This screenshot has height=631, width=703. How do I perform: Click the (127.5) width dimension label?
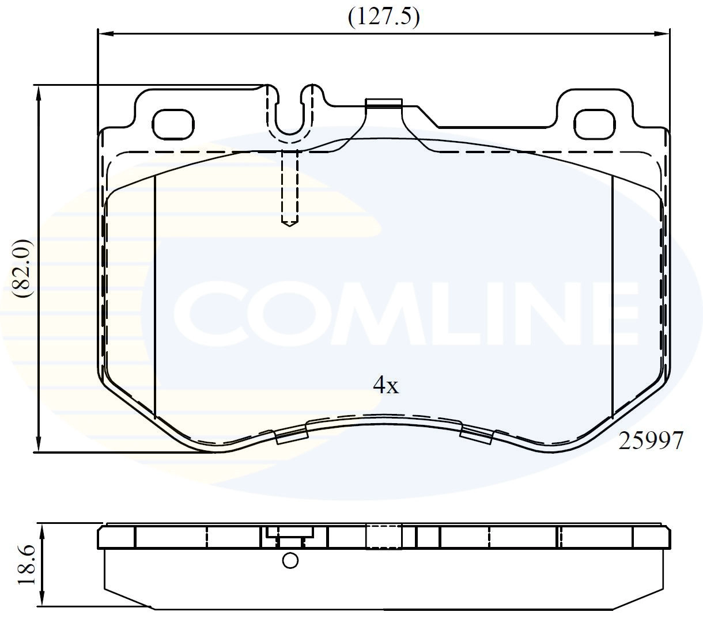tap(384, 17)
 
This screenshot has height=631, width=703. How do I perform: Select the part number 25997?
tap(651, 440)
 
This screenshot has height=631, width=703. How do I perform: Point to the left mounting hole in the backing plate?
tap(173, 124)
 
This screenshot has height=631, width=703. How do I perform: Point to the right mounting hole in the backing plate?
tap(594, 124)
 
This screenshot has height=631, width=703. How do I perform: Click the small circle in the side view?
tap(290, 560)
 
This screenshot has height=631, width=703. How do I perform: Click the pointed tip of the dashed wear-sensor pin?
tap(289, 226)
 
